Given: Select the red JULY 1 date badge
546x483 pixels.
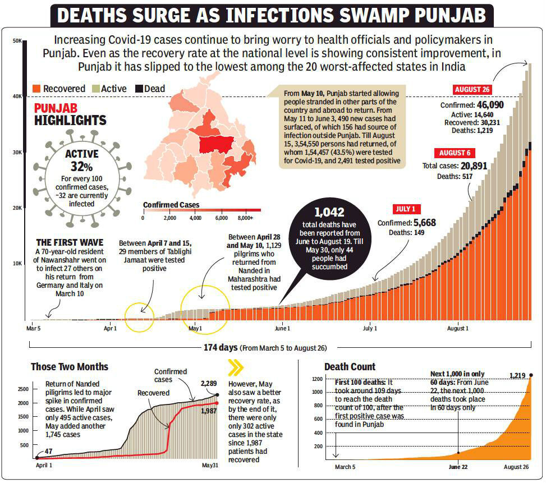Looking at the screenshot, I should pos(405,209).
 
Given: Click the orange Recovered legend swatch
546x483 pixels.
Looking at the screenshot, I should pos(38,89).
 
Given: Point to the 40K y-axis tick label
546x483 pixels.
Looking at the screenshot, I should pos(17,96).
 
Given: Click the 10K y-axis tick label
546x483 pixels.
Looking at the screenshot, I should pos(17,263).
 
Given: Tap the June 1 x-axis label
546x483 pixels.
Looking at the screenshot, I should pos(282,328).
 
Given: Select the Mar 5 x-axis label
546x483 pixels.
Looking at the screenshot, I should pos(34,328).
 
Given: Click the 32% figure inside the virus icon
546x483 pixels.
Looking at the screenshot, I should pos(81,166).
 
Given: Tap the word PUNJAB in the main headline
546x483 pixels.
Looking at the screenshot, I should pos(441,15).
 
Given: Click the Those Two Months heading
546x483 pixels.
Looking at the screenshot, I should pos(70,367).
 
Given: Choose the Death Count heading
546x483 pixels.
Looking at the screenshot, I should pos(350,367).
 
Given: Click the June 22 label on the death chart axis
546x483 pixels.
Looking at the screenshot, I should pos(458,467).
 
